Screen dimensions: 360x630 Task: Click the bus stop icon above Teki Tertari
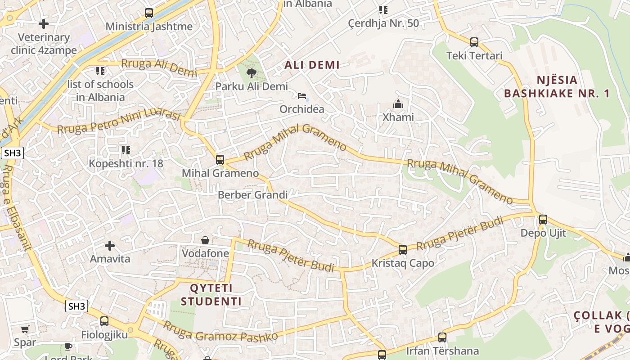[474, 42]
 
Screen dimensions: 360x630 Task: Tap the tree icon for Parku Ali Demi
[251, 72]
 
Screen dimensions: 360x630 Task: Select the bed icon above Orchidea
[302, 96]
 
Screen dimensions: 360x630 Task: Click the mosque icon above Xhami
[398, 104]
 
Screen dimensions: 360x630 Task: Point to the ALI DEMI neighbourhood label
[312, 65]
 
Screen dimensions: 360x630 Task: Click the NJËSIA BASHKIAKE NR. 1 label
[557, 87]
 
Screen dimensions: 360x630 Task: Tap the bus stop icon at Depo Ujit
[543, 220]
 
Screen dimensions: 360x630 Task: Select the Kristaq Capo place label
[403, 263]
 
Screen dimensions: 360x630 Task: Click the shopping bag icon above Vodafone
[205, 240]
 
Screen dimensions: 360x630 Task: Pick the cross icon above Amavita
[110, 246]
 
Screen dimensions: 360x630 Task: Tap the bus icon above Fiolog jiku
[104, 321]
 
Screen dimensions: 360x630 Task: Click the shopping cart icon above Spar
[25, 329]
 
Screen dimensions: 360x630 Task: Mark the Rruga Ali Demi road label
[159, 67]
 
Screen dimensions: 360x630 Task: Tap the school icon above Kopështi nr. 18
[126, 150]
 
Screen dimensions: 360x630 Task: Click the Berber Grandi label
[252, 195]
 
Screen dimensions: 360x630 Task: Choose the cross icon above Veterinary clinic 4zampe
[44, 23]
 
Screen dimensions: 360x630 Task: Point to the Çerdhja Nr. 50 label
[383, 23]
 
